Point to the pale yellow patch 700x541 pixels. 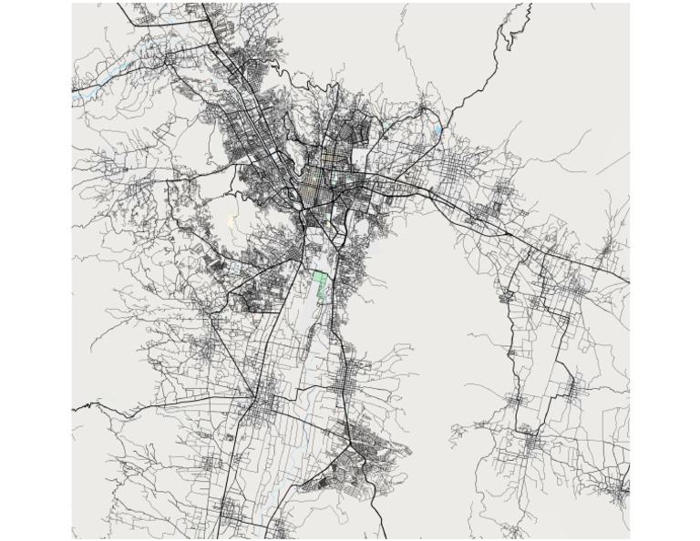(232, 221)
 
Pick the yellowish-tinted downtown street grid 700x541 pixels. (318, 179)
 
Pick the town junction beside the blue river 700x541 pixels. (168, 60)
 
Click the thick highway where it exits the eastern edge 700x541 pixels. (626, 281)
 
